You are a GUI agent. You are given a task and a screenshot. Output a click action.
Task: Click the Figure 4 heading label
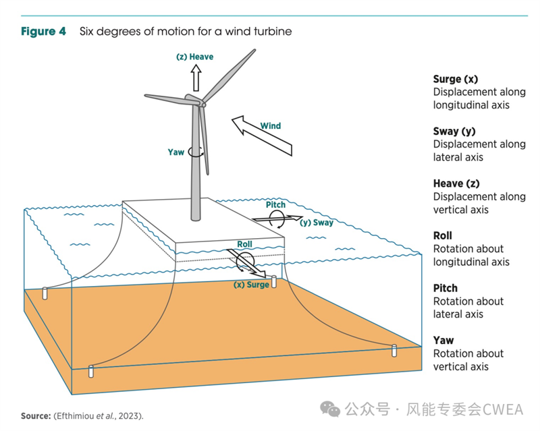[43, 31]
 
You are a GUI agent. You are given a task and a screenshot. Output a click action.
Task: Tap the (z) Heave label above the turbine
[194, 57]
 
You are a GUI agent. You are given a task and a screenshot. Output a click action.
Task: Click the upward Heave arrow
[196, 78]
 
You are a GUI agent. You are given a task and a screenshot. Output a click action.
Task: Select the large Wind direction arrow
[262, 136]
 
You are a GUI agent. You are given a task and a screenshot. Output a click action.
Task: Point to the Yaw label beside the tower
[176, 152]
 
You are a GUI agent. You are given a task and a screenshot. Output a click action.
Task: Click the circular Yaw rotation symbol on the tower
[196, 152]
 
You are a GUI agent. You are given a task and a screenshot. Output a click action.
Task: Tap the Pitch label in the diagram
[275, 205]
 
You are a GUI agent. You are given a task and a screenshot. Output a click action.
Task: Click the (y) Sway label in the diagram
[317, 223]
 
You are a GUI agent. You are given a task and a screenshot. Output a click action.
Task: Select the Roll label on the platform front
[244, 244]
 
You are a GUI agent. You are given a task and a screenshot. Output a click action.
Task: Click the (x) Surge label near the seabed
[251, 285]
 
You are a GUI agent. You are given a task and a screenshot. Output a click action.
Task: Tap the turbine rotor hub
[203, 104]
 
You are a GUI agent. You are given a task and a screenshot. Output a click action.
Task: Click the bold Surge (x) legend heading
[456, 80]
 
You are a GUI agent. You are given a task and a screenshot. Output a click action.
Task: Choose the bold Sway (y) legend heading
[454, 132]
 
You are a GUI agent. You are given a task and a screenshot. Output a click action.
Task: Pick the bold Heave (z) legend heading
[456, 184]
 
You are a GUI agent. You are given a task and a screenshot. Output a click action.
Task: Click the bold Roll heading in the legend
[443, 236]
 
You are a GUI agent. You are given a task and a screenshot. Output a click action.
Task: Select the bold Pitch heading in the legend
[446, 288]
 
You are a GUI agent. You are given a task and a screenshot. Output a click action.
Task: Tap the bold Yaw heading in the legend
[443, 341]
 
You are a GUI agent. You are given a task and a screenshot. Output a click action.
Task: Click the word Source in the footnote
[36, 416]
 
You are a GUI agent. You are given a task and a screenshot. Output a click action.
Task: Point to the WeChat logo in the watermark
[330, 409]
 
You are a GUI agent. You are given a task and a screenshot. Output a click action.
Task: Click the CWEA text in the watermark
[503, 409]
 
